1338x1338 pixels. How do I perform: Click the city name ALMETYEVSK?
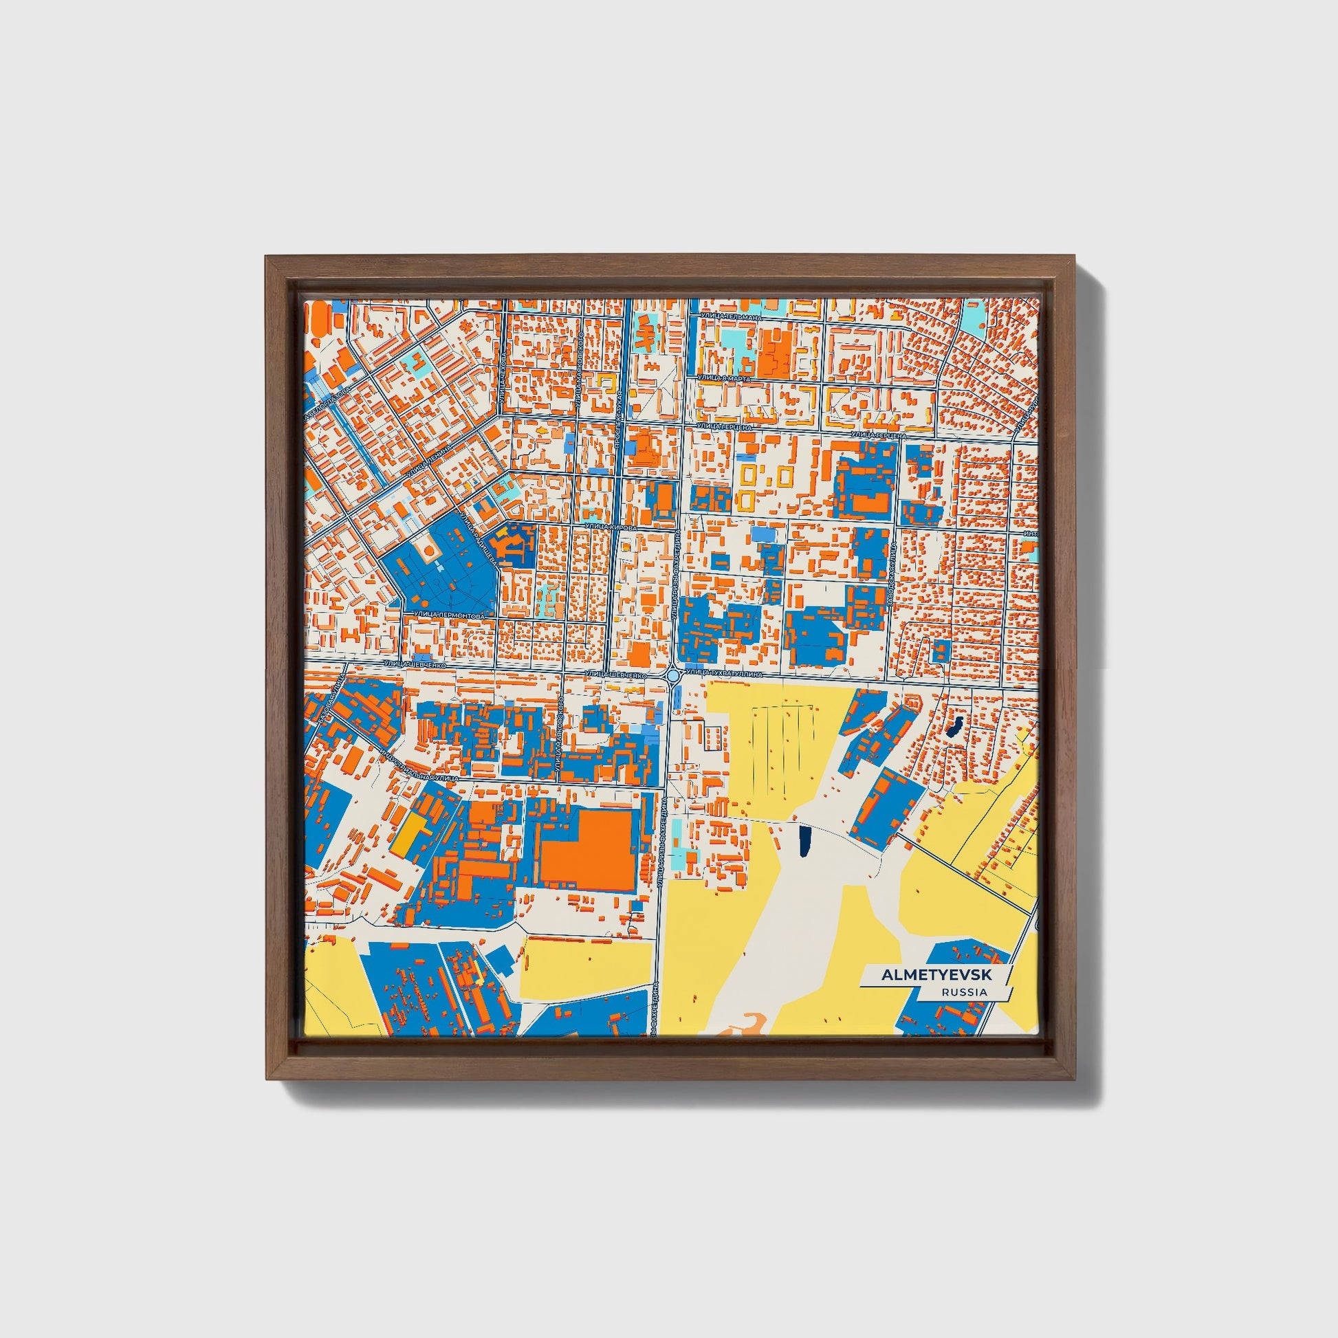point(936,974)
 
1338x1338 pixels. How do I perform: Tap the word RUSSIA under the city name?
point(964,991)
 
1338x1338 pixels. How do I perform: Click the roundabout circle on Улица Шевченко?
point(672,674)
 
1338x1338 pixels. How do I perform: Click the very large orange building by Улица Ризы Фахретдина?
point(586,852)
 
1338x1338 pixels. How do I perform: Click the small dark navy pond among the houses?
point(954,728)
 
